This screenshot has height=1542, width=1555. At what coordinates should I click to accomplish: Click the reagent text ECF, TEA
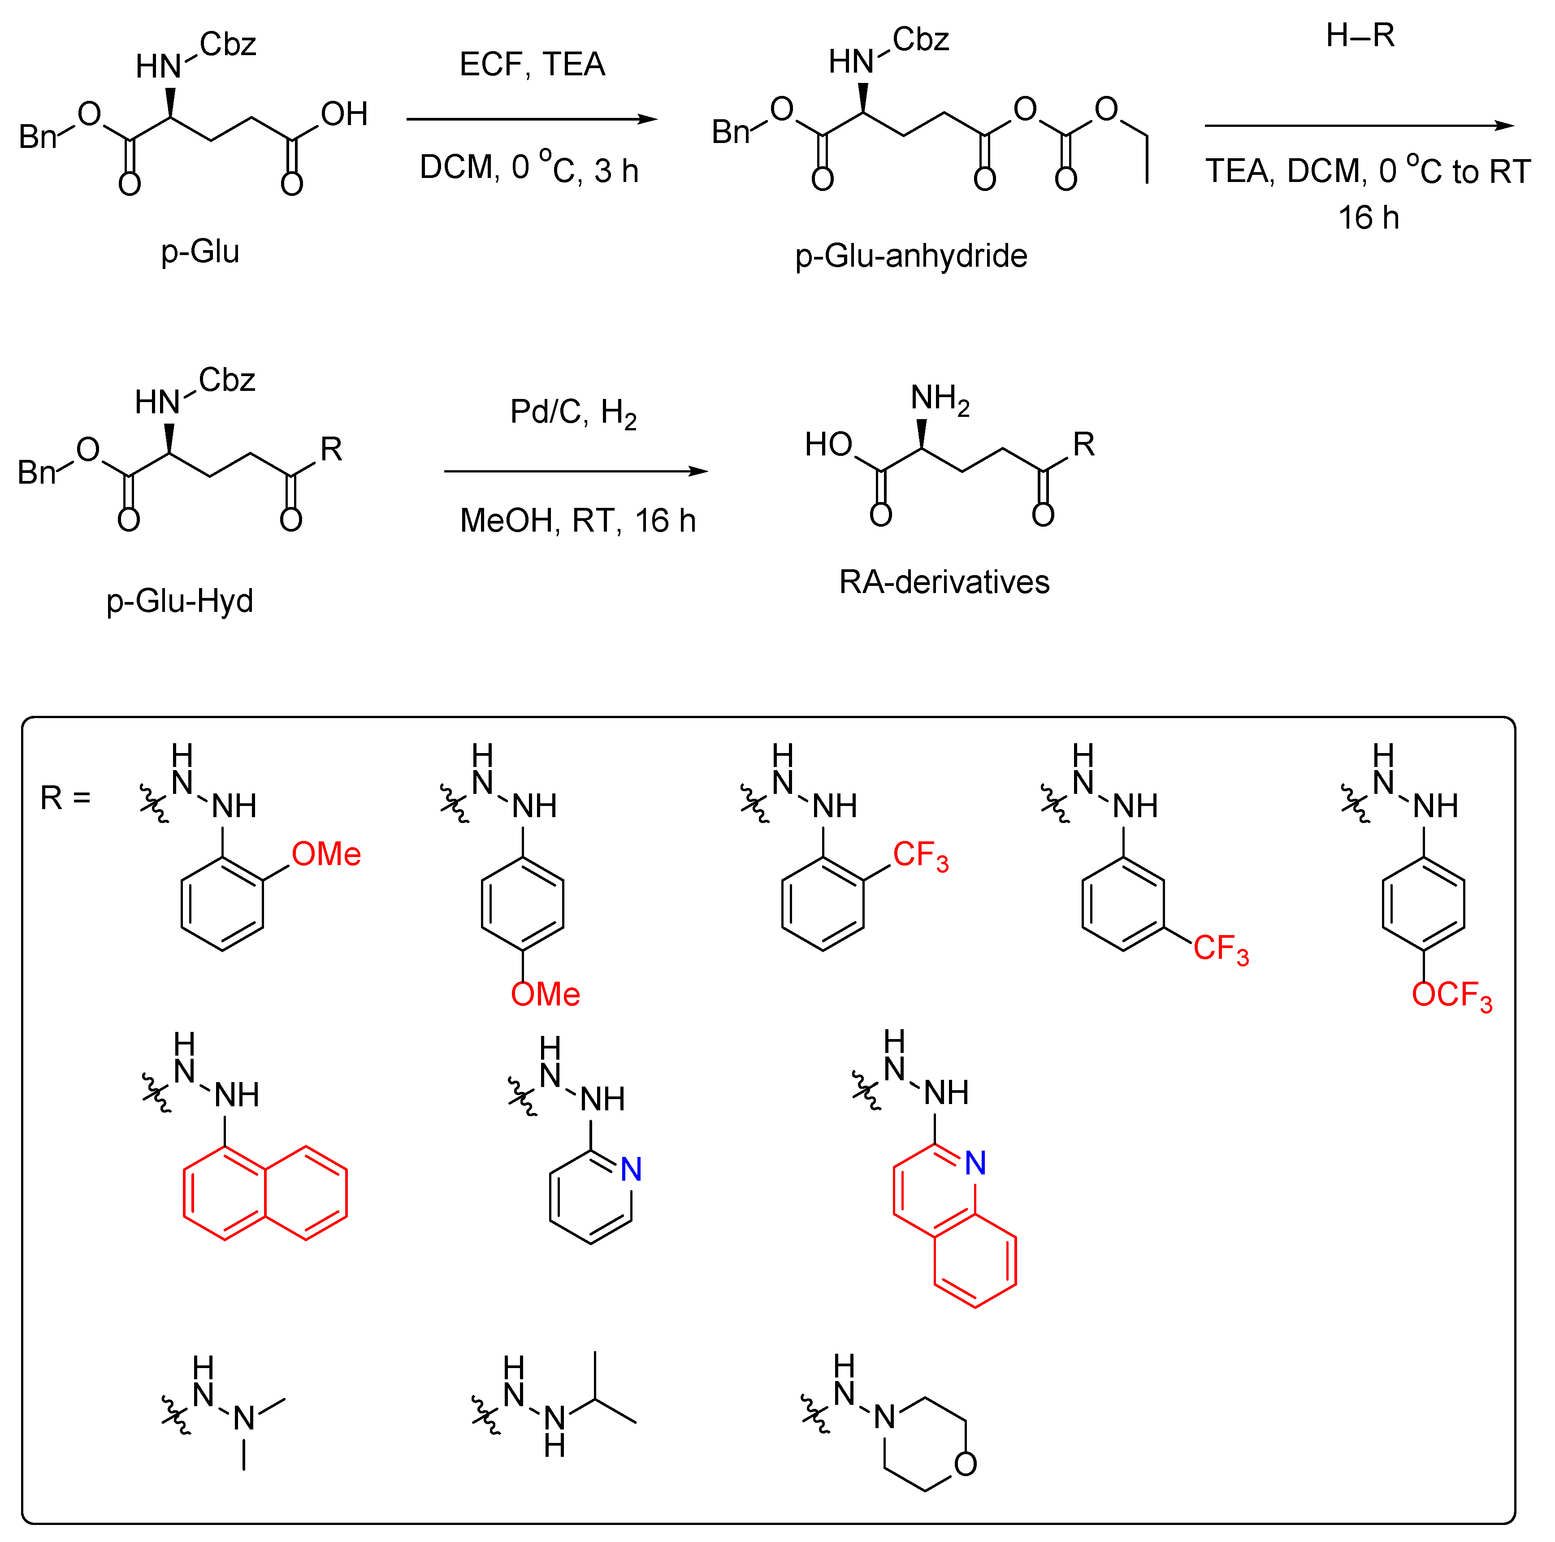[532, 65]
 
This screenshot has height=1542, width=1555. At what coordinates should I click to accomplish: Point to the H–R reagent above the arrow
[1360, 35]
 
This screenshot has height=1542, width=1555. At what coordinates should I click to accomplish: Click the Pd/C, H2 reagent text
[573, 413]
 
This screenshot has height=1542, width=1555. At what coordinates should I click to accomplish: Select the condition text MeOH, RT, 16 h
[577, 521]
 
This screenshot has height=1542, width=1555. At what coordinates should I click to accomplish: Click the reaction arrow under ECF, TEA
[531, 119]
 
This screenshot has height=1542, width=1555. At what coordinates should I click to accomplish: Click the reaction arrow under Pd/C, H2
[576, 471]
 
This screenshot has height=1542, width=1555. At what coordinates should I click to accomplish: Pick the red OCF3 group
[1451, 996]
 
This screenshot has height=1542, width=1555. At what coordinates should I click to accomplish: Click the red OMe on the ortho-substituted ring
[326, 854]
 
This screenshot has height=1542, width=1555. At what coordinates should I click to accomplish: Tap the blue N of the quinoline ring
[975, 1163]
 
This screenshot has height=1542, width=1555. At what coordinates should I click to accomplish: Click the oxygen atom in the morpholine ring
[966, 1464]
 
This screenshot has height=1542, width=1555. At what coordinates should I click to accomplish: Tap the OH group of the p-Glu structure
[344, 114]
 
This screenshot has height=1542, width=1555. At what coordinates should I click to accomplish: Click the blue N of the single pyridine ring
[632, 1169]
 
